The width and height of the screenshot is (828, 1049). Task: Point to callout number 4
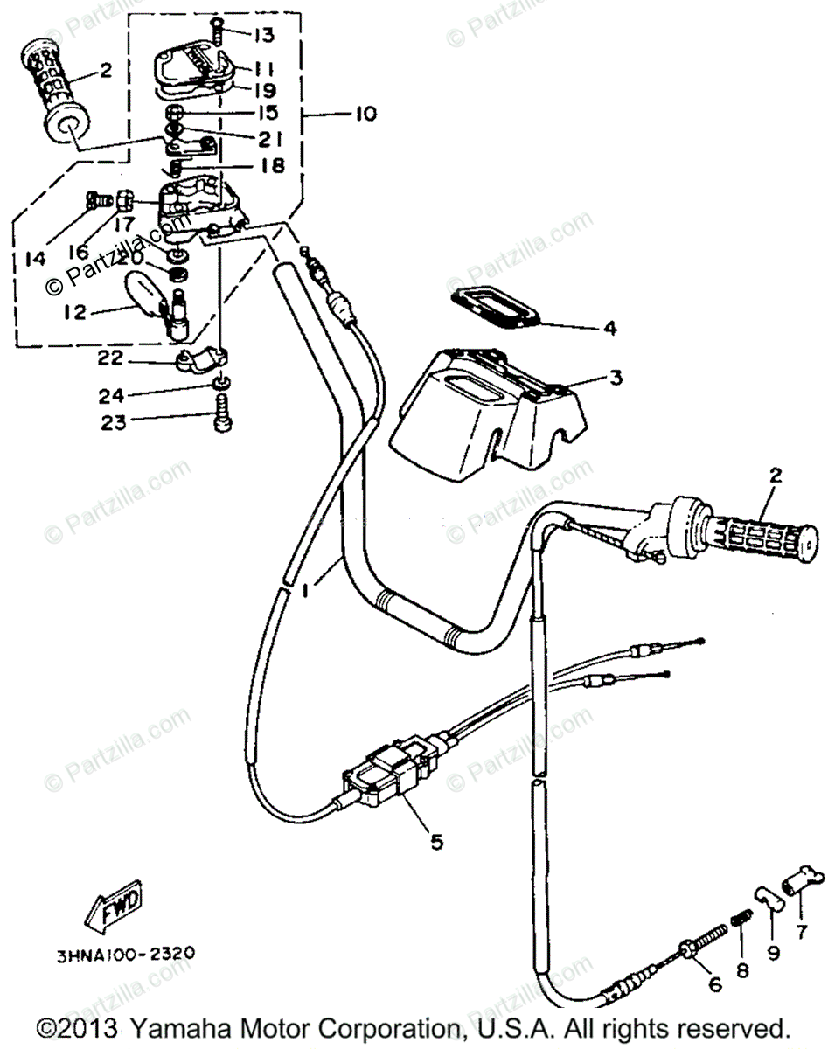(609, 330)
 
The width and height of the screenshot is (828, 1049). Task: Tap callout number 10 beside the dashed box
(365, 114)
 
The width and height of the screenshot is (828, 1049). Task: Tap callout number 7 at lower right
(802, 931)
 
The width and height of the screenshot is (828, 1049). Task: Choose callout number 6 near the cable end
(715, 985)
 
